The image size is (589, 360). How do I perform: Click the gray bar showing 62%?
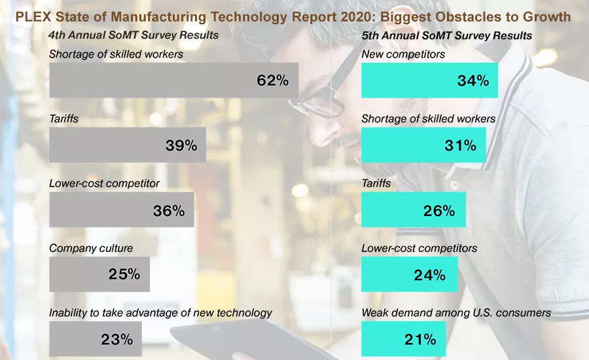pyautogui.click(x=173, y=81)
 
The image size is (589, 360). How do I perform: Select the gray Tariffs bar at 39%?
pyautogui.click(x=127, y=145)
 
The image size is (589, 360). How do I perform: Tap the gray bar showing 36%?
pyautogui.click(x=121, y=209)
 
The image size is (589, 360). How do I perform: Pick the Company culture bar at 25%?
pyautogui.click(x=99, y=274)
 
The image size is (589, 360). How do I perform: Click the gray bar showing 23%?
pyautogui.click(x=95, y=338)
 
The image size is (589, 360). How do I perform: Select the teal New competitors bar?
pyautogui.click(x=429, y=81)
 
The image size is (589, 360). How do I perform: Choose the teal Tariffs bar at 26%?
pyautogui.click(x=413, y=209)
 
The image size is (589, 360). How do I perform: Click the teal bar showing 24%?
pyautogui.click(x=409, y=274)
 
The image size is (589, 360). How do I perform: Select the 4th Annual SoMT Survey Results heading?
pyautogui.click(x=134, y=35)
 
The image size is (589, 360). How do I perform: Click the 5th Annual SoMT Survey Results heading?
pyautogui.click(x=446, y=35)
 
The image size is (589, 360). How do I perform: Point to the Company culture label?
pyautogui.click(x=91, y=248)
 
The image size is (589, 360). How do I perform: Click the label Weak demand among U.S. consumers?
pyautogui.click(x=456, y=313)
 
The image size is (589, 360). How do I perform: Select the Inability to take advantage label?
pyautogui.click(x=160, y=313)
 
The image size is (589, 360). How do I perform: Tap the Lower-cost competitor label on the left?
pyautogui.click(x=104, y=183)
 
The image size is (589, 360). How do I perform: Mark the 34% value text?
pyautogui.click(x=473, y=81)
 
